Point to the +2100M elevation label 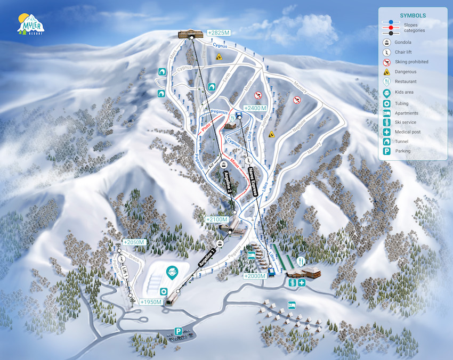tap(217, 219)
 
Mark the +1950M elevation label tap(150, 302)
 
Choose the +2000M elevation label tap(255, 276)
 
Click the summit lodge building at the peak tap(190, 34)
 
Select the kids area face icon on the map tap(172, 274)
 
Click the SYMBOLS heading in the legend tap(412, 15)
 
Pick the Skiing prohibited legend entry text tap(411, 62)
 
